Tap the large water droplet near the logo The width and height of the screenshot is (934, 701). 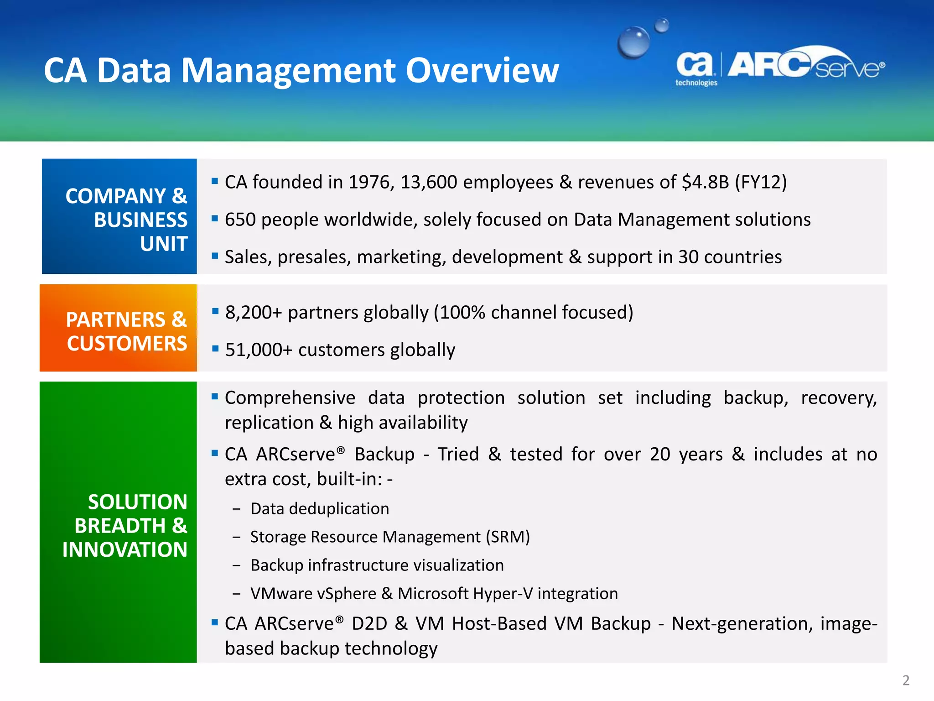(633, 42)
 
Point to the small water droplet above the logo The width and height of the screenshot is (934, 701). (662, 25)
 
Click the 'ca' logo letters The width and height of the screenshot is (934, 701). (694, 64)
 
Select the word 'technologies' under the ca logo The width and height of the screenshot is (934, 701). (696, 83)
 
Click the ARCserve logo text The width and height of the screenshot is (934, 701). (805, 65)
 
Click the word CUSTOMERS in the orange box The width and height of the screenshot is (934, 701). (127, 344)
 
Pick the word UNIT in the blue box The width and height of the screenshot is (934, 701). (164, 244)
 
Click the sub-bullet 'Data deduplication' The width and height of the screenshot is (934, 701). (319, 509)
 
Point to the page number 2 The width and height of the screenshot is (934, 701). (906, 680)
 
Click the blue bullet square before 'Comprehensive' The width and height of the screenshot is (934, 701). (215, 396)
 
